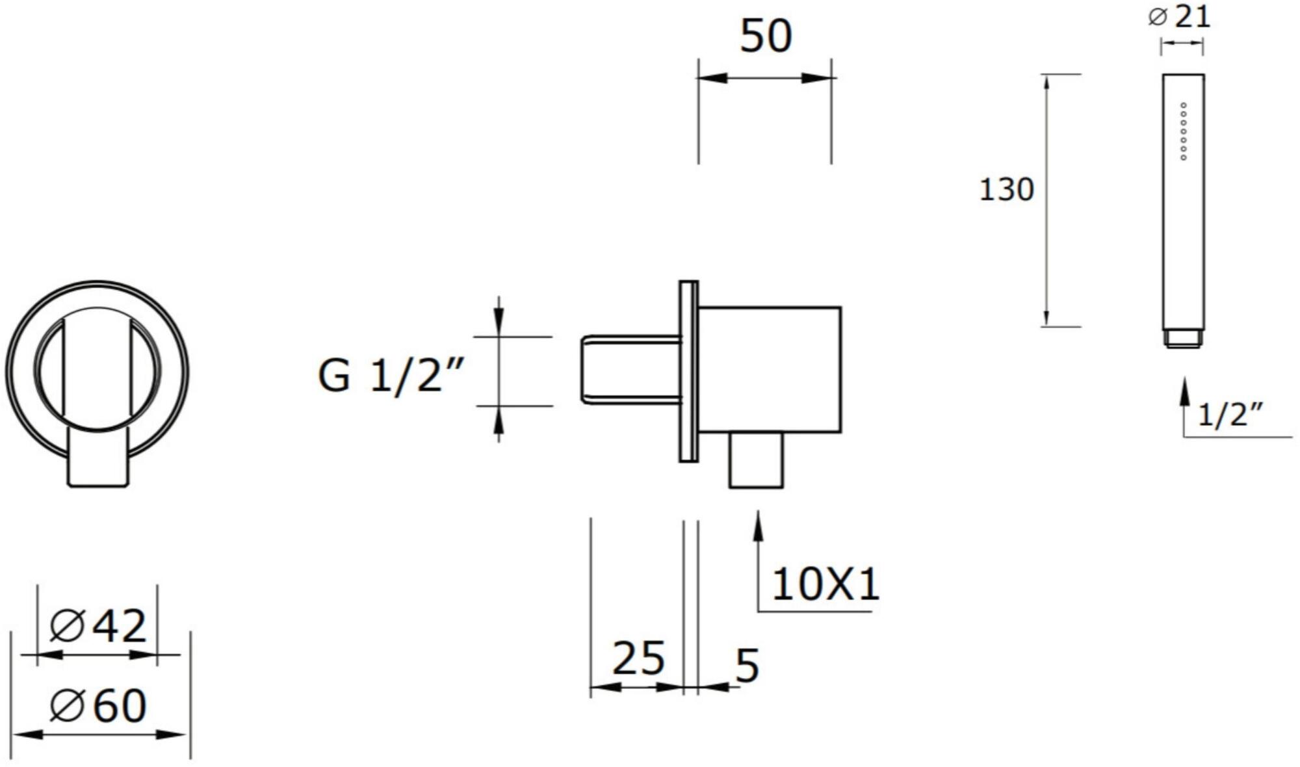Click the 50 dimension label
766,36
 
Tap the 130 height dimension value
1006,190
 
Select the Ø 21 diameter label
1179,16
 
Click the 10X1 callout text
825,584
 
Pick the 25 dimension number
638,658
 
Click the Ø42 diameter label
98,626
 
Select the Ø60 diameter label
98,705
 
